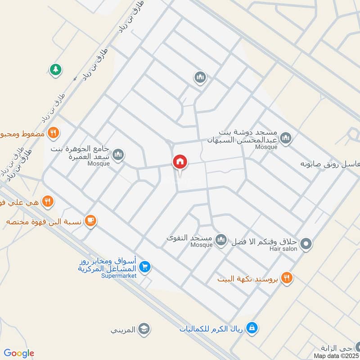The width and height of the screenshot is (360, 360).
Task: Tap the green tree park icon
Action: point(55,70)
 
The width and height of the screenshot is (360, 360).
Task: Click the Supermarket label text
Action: point(118,275)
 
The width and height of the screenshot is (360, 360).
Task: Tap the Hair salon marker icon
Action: point(306,244)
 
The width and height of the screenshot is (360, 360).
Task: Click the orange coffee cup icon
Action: point(90,220)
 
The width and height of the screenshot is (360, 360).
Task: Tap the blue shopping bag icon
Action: point(252,327)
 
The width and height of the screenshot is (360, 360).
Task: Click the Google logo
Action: point(19,353)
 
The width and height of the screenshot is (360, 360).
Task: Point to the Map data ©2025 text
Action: point(336,355)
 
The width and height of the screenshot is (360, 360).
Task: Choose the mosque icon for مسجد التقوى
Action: point(220,240)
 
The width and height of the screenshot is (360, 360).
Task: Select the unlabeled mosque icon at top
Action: point(200,78)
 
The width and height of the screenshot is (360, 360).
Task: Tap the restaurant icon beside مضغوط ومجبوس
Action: point(53,133)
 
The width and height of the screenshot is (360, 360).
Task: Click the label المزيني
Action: point(123,329)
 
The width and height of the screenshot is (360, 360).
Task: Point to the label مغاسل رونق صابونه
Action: point(331,164)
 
